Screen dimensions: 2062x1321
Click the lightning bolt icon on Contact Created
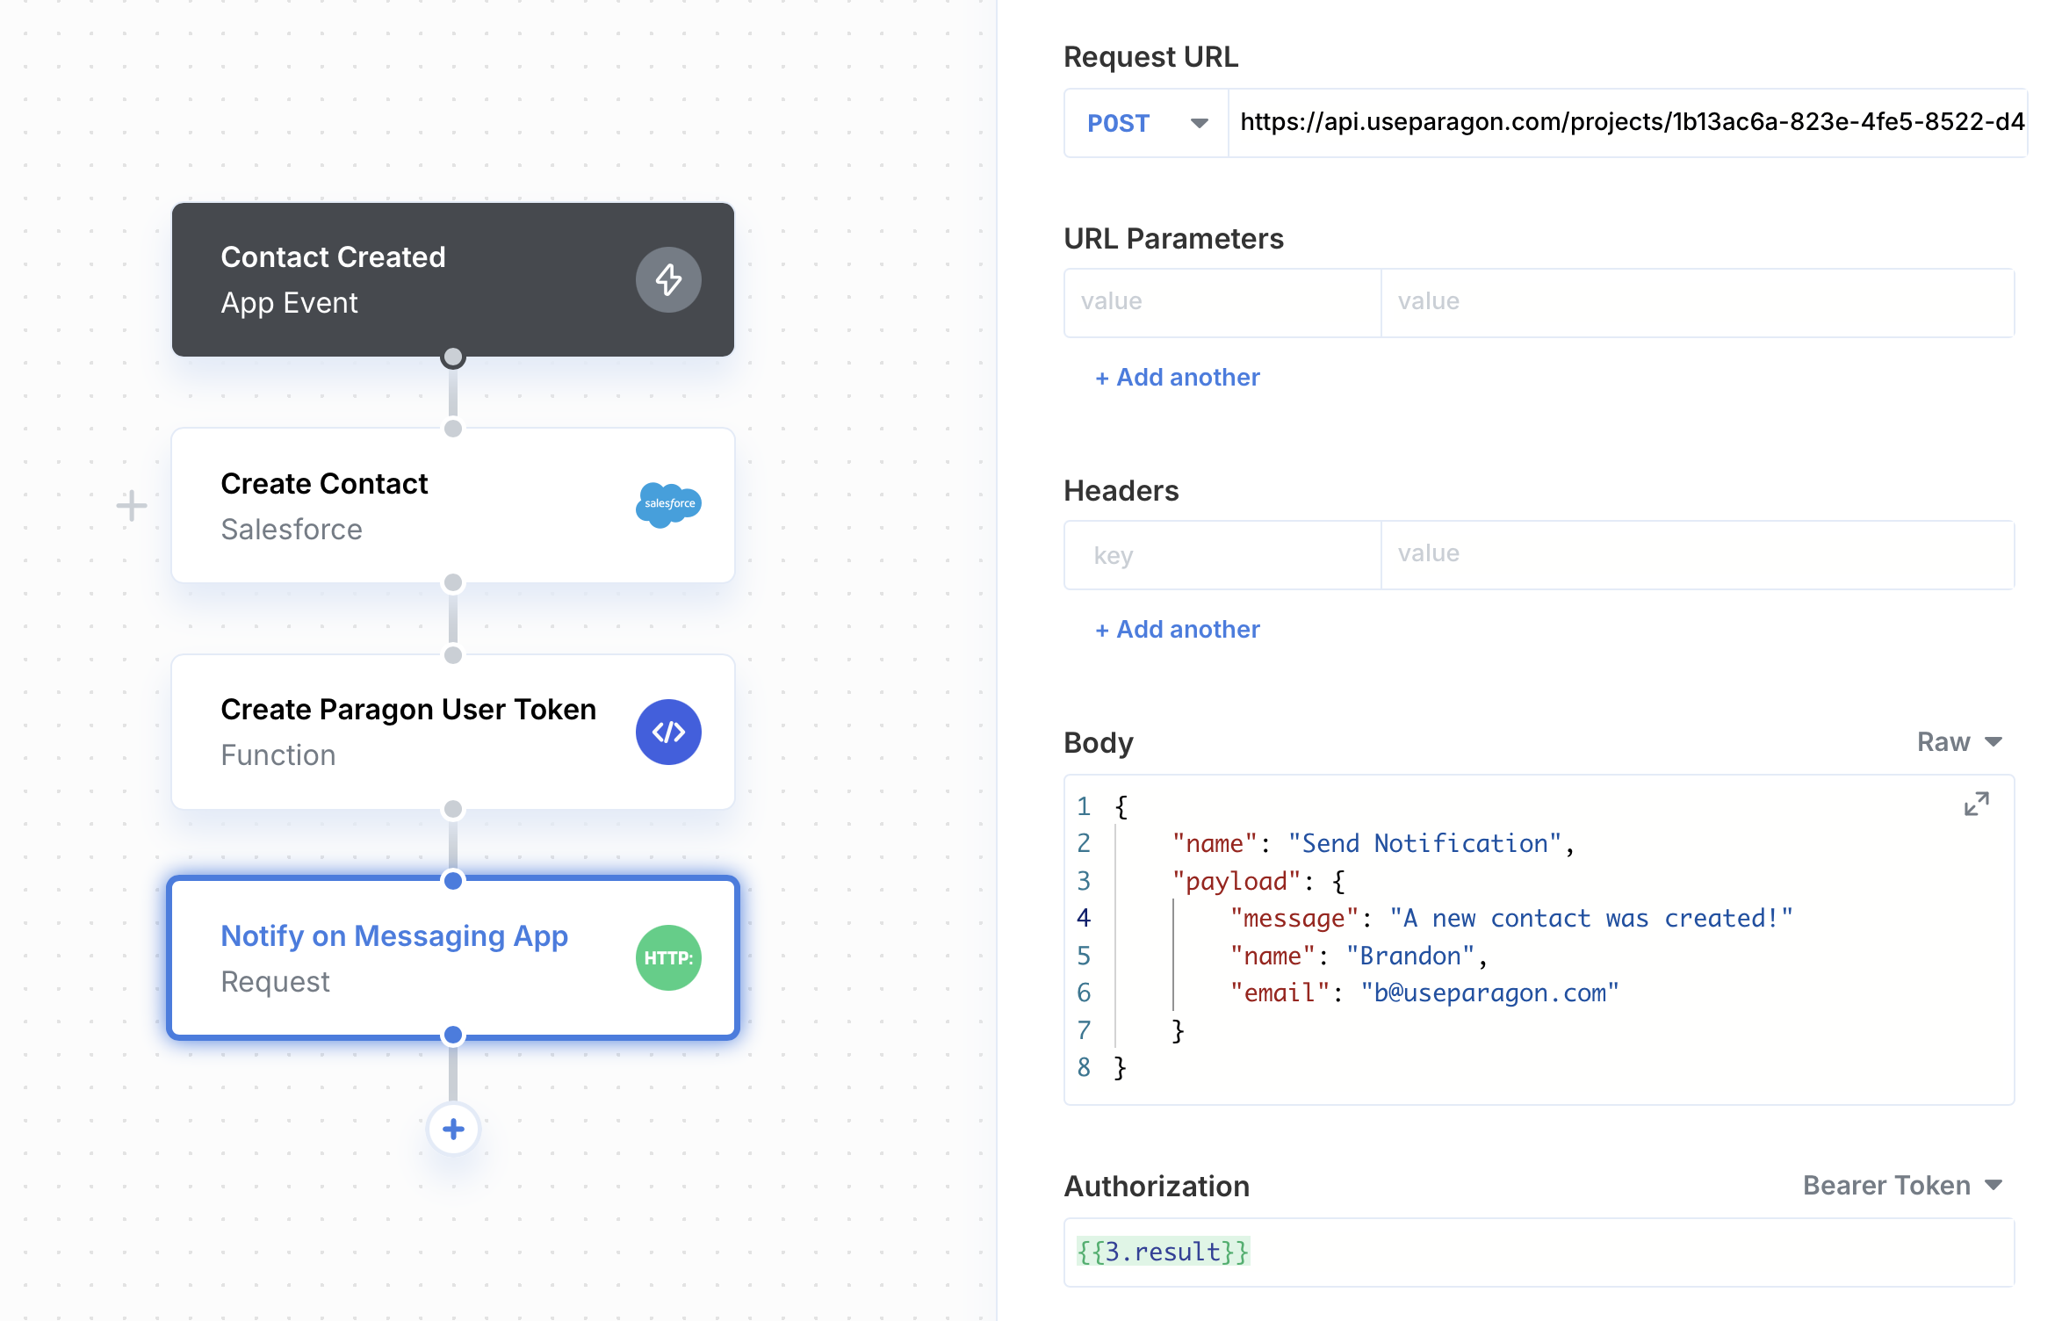click(668, 279)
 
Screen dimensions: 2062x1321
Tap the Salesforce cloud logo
click(668, 504)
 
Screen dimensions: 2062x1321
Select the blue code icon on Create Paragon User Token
click(668, 732)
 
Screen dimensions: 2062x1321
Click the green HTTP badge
click(668, 957)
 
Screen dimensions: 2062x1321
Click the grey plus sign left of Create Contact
click(132, 505)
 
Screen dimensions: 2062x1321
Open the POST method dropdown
click(1146, 123)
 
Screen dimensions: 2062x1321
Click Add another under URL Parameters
click(1177, 378)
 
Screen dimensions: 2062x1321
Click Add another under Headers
click(1177, 630)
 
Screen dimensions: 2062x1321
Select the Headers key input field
click(1222, 555)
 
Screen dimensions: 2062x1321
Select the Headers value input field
click(1698, 555)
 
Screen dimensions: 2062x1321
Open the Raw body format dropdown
click(1959, 742)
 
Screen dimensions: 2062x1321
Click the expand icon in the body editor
click(1977, 804)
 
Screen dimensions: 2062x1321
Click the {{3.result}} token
click(1163, 1252)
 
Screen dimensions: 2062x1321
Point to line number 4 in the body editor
click(1084, 919)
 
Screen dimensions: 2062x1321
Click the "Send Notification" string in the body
click(1424, 844)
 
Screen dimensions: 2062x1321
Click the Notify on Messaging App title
click(394, 936)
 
